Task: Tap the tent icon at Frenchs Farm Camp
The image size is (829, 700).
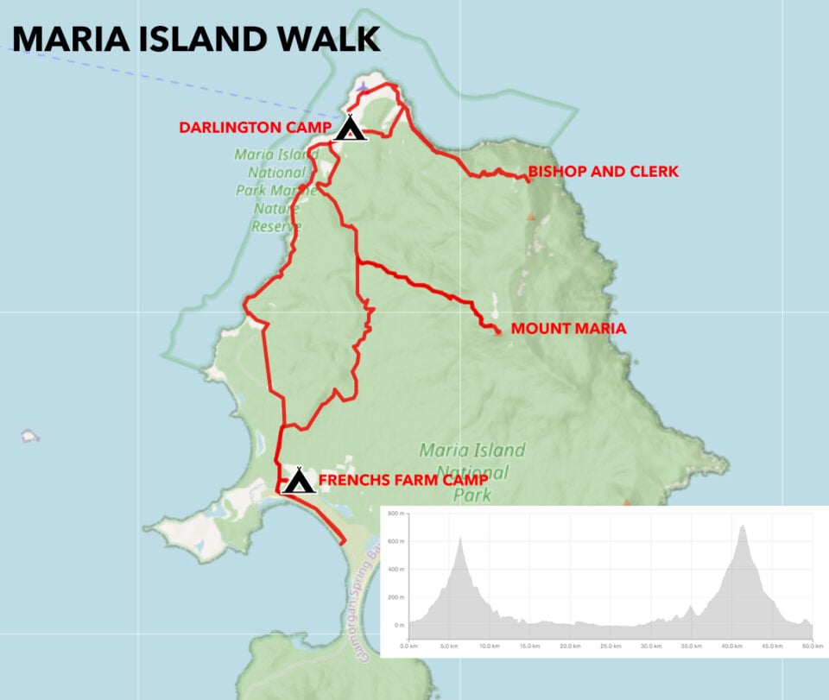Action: [x=299, y=480]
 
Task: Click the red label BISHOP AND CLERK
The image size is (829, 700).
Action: [x=604, y=172]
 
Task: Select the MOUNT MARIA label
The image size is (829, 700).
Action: [x=568, y=329]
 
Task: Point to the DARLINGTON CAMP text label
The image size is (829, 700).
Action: [x=255, y=128]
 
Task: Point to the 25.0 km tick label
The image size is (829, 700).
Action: [x=611, y=646]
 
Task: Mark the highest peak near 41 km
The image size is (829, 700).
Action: [x=742, y=525]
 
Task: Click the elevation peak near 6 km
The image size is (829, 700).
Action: [x=460, y=538]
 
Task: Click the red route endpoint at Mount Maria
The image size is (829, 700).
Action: [x=498, y=331]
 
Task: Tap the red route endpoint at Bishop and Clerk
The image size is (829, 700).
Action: [x=527, y=180]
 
